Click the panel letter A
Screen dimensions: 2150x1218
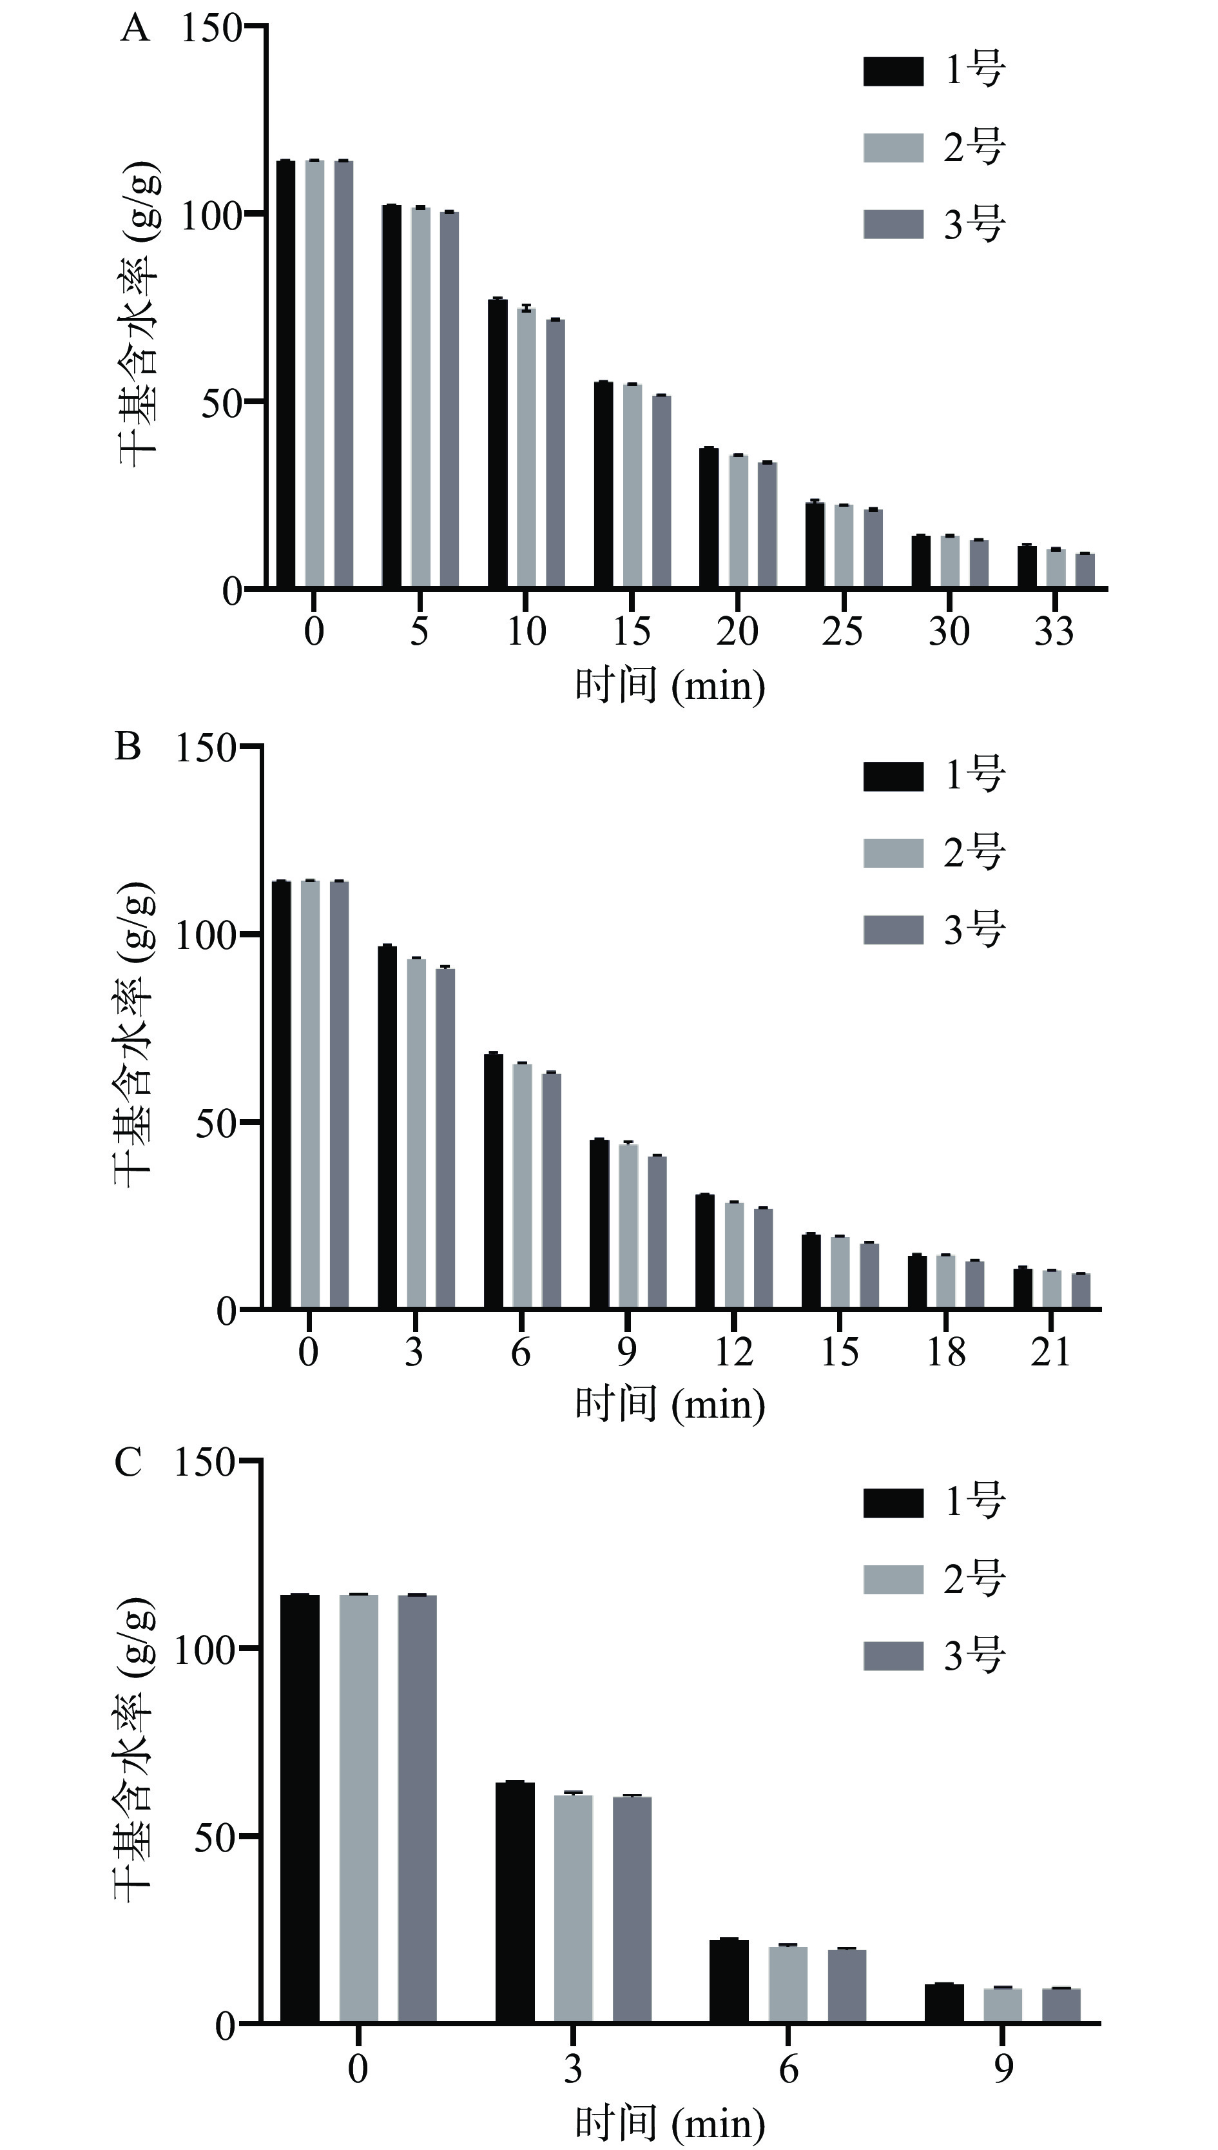coord(135,30)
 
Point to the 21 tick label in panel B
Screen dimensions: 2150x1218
coord(1050,1351)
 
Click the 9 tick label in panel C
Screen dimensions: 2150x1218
coord(1003,2069)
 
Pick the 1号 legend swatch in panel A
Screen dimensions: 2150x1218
coord(893,71)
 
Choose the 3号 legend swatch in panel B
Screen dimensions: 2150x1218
coord(893,930)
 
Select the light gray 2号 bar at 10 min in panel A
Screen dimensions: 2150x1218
coord(526,447)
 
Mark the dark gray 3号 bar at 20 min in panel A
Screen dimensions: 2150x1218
coord(767,525)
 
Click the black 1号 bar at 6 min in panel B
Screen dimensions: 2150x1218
coord(494,1180)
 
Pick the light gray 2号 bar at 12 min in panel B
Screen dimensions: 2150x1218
coord(733,1255)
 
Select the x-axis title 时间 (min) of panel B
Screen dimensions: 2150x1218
coord(669,1403)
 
